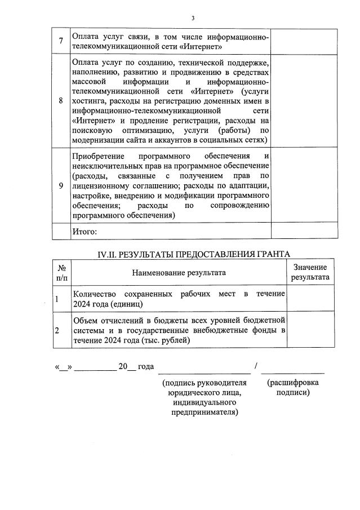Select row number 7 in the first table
61,41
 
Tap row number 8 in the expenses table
61,100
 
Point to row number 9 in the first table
61,186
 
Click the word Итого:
85,231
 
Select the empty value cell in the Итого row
304,231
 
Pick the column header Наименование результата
179,273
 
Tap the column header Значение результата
310,272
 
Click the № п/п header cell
61,273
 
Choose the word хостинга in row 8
90,101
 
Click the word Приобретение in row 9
98,156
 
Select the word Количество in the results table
94,294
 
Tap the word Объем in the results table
85,320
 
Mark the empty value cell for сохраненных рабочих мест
312,299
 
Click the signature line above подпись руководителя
204,372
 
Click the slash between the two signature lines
256,367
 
